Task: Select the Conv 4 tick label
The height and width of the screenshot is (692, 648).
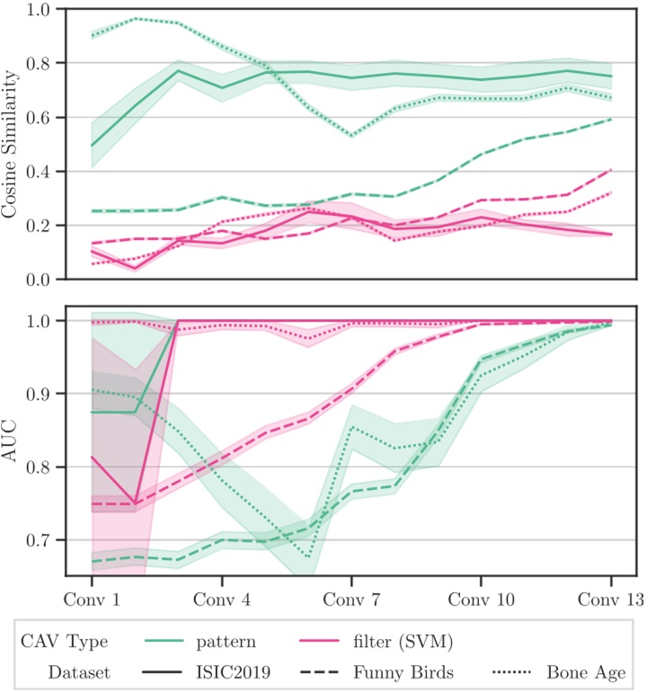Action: (x=221, y=599)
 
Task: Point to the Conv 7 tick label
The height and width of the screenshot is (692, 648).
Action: (x=351, y=599)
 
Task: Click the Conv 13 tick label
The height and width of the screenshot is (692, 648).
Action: (x=608, y=599)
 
